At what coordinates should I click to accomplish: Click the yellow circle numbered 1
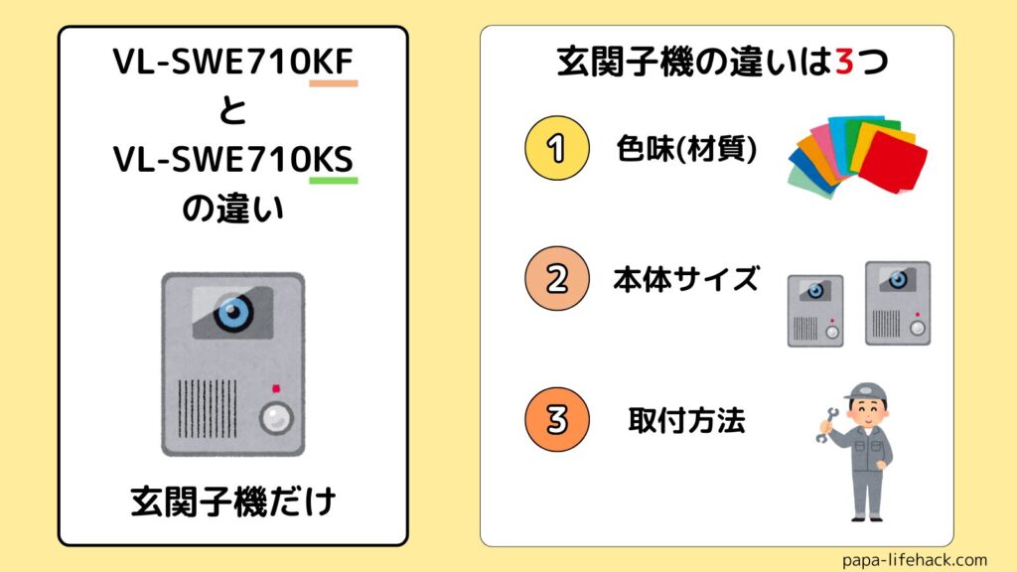tap(556, 149)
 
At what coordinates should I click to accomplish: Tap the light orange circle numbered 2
tap(556, 279)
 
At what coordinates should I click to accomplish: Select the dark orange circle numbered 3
tap(556, 419)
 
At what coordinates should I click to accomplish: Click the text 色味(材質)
tap(684, 150)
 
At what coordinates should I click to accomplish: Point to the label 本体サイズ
tap(685, 279)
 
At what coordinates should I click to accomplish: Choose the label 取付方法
tap(686, 420)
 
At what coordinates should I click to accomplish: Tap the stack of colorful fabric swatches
tap(858, 158)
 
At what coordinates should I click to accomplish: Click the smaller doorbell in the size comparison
tap(815, 310)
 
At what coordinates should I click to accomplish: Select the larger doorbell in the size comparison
tap(897, 303)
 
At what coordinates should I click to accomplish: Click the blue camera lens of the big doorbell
tap(232, 313)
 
